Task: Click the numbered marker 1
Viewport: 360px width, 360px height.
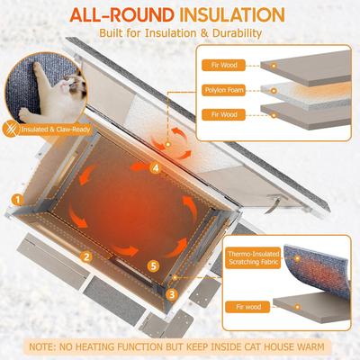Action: click(x=16, y=199)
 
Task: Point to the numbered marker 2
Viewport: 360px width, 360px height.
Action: click(x=85, y=256)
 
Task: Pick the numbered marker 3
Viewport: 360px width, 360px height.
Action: click(x=172, y=293)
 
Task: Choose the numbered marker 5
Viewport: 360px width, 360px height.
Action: click(x=154, y=265)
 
